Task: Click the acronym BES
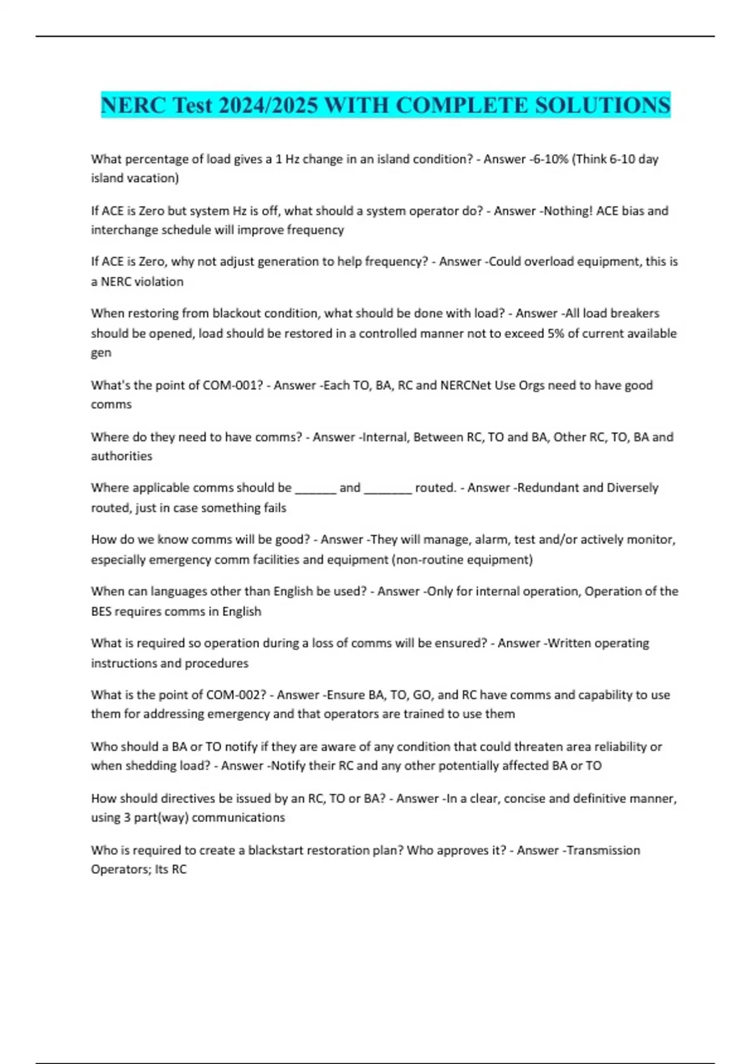[101, 611]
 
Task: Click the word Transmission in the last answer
[603, 851]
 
